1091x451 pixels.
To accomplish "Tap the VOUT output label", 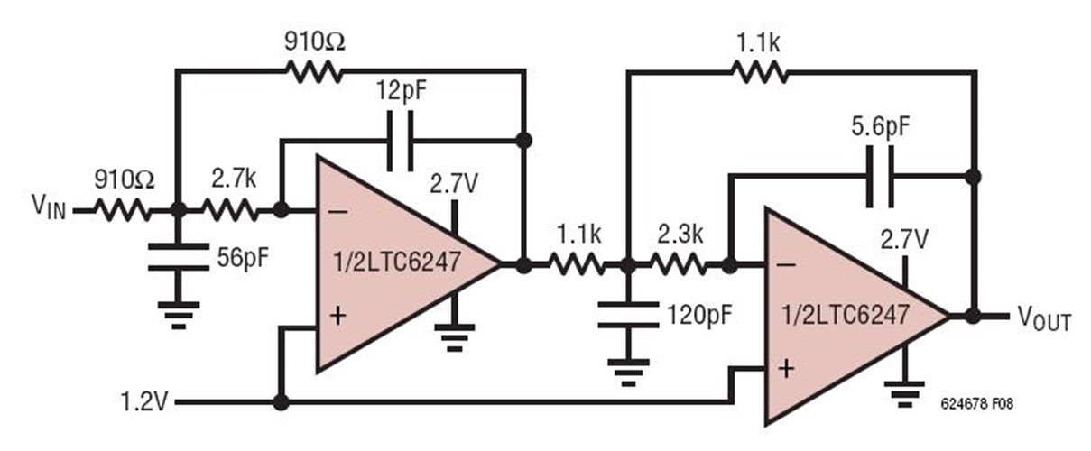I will point(1044,318).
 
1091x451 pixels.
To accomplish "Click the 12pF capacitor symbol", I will point(401,140).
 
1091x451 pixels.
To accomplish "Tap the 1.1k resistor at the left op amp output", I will point(578,266).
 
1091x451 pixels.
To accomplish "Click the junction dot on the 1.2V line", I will point(281,402).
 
